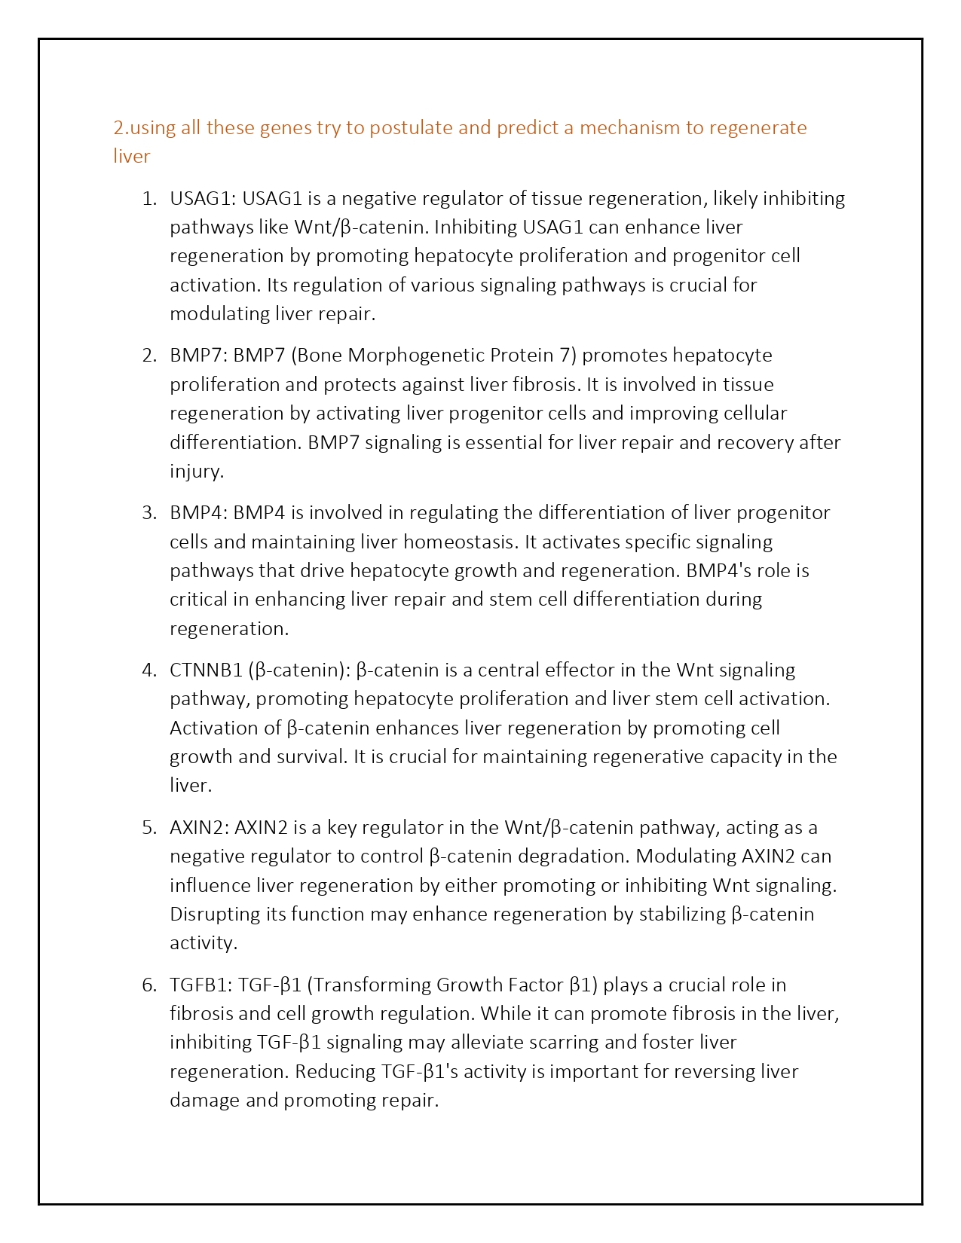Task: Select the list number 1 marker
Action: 148,199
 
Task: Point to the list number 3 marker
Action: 148,513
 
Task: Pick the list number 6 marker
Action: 148,985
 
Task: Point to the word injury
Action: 195,472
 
